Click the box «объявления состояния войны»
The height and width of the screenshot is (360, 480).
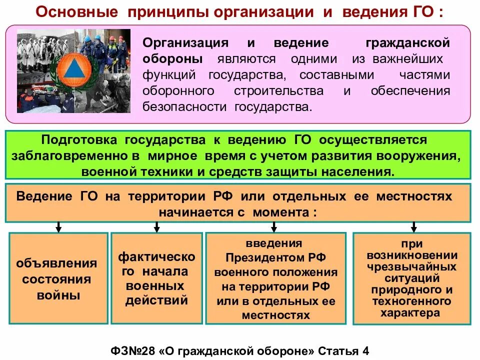pos(58,278)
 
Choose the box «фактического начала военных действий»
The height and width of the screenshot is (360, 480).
pos(156,278)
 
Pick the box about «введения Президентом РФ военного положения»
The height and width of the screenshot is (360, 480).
pos(275,279)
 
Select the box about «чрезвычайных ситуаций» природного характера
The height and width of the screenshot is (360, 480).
pos(412,278)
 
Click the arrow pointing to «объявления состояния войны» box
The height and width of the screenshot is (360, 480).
pos(58,227)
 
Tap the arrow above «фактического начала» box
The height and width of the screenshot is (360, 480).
pos(156,227)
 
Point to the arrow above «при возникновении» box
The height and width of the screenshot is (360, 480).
pos(413,227)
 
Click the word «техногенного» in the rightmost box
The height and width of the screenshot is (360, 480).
pos(412,301)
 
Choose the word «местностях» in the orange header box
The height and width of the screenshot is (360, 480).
pos(416,195)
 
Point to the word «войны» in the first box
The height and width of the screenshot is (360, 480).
pos(58,295)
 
